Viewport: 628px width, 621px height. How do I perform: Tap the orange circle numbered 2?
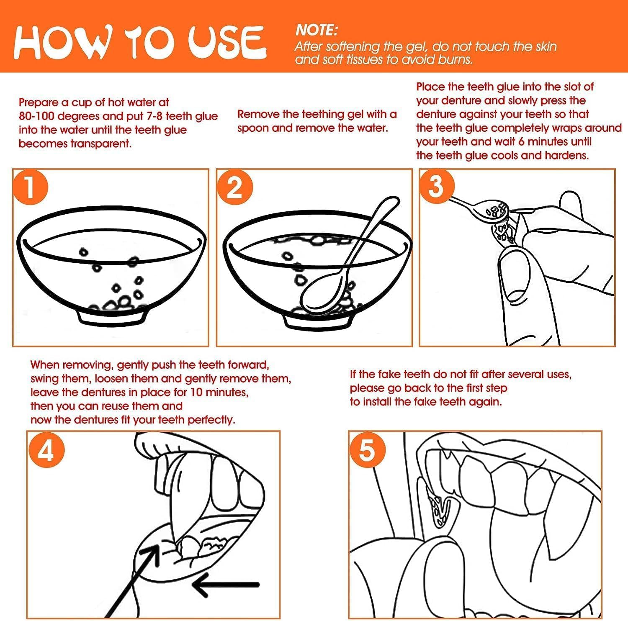234,187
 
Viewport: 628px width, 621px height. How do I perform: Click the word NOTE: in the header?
316,30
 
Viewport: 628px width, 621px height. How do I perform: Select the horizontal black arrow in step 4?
226,584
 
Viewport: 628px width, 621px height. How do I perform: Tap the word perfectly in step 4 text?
211,420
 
